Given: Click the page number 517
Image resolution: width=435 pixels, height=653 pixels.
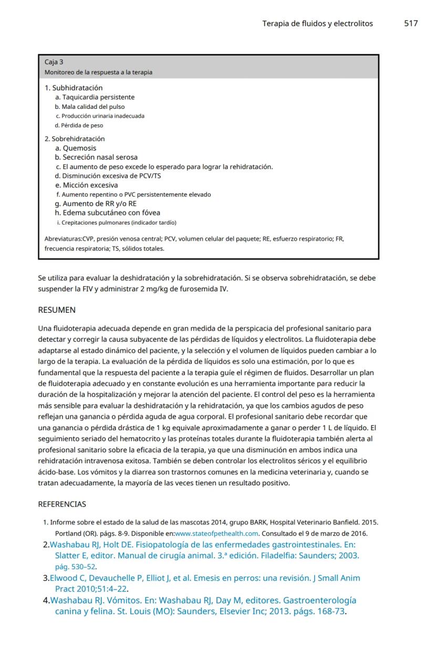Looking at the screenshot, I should click(411, 24).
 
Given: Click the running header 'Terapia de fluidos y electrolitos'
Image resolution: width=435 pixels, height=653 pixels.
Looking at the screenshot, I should click(317, 24).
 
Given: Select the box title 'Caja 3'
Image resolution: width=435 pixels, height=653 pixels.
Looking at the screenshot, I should click(54, 62).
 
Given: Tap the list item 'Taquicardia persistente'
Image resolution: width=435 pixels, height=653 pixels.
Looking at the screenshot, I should click(98, 97).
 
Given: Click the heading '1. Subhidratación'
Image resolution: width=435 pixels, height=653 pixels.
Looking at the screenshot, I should click(74, 88).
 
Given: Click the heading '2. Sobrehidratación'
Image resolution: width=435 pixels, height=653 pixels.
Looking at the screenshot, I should click(75, 139).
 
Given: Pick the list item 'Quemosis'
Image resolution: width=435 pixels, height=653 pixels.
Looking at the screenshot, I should click(79, 148).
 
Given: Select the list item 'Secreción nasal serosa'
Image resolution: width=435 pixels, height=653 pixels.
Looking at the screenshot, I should click(100, 157).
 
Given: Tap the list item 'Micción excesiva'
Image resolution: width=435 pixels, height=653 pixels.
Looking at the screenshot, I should click(90, 185).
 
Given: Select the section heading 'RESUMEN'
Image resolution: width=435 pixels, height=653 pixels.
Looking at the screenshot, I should click(57, 310).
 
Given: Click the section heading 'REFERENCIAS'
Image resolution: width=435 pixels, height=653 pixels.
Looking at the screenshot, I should click(62, 504).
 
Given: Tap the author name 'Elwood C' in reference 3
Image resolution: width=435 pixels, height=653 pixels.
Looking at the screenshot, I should click(67, 578).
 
